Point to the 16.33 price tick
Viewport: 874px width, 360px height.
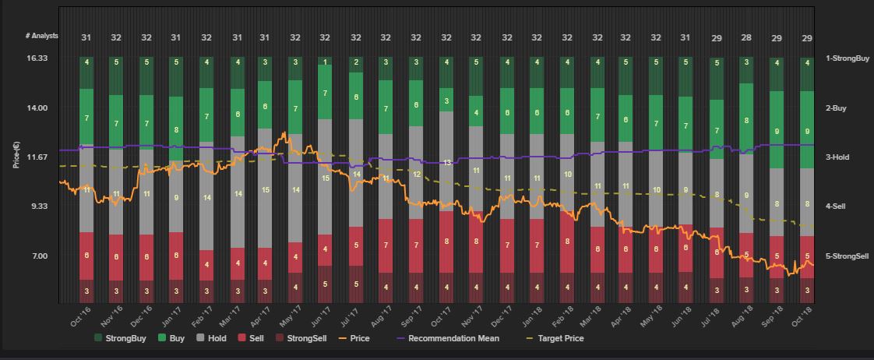(38, 58)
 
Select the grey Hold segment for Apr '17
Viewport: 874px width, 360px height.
(265, 189)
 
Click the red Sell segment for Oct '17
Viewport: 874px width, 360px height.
(446, 242)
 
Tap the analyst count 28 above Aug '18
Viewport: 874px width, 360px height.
(746, 37)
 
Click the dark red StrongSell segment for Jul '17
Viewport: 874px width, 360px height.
(356, 284)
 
